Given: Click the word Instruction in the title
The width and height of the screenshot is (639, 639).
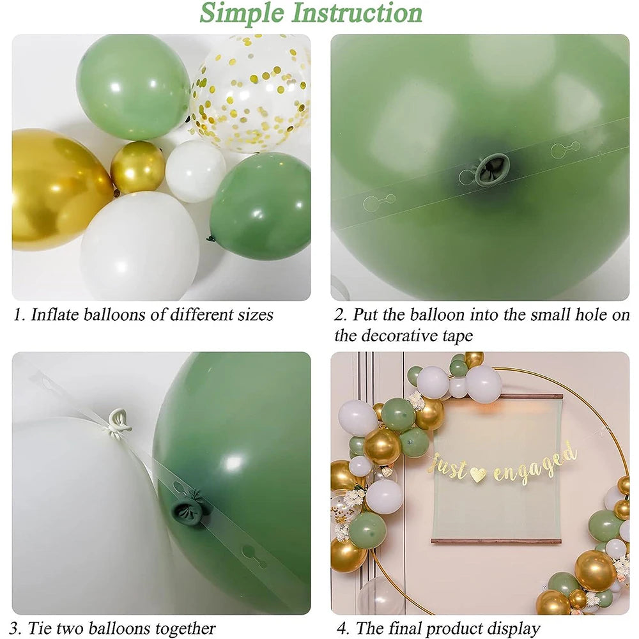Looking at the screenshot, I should click(358, 13).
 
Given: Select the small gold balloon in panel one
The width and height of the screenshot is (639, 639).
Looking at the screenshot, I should click(137, 167).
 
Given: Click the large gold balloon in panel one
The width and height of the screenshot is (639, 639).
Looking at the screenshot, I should click(54, 189).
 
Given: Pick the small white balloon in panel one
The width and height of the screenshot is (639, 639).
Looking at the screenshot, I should click(195, 171).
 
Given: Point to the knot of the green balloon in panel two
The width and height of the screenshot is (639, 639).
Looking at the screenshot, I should click(492, 170).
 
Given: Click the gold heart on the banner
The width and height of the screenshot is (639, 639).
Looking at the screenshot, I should click(478, 474).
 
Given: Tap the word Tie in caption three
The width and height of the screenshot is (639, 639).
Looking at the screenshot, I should click(41, 629).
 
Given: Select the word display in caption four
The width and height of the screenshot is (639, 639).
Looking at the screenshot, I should click(510, 629).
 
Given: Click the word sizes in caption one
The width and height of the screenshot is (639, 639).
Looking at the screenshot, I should click(256, 315).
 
